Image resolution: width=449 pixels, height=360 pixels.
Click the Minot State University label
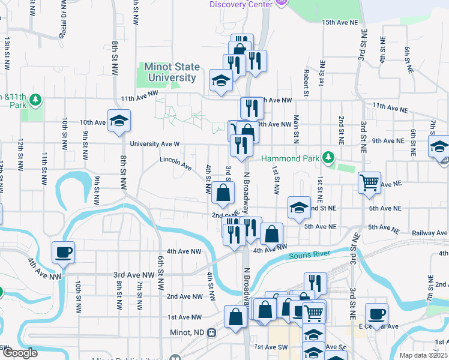[170, 72]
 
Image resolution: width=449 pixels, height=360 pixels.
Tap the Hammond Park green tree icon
[328, 157]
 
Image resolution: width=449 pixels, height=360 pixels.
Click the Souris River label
[310, 255]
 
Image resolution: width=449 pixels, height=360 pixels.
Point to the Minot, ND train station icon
[211, 332]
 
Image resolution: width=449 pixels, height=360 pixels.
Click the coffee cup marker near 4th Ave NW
[62, 253]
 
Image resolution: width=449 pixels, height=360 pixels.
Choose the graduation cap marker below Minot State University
[221, 81]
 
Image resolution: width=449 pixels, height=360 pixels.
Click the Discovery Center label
[241, 4]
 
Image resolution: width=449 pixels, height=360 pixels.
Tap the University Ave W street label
[155, 144]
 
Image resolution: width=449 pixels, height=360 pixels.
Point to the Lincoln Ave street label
[175, 161]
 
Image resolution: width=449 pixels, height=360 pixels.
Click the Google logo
[19, 353]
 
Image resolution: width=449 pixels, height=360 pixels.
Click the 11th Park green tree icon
[35, 100]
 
